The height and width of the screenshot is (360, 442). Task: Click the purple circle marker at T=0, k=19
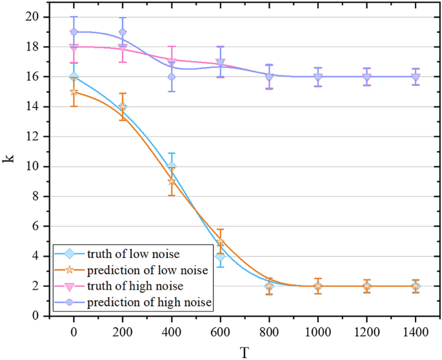point(74,32)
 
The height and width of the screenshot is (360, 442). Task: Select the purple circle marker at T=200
point(123,32)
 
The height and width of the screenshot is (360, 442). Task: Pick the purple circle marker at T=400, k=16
point(172,77)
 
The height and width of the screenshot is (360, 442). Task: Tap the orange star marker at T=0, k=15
point(74,92)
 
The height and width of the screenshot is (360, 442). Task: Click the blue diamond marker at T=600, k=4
point(220,256)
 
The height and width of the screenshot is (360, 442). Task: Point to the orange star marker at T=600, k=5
point(220,242)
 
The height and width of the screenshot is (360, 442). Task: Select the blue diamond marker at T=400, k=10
point(172,166)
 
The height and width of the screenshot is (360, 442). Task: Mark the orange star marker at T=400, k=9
point(172,181)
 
